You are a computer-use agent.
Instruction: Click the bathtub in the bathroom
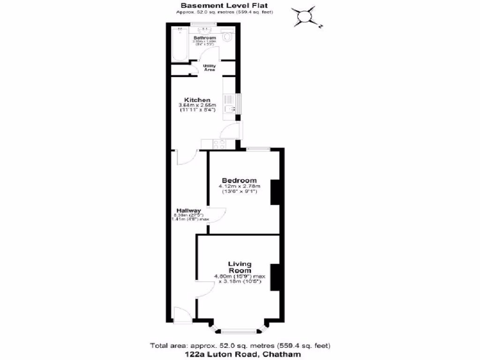(x=179, y=45)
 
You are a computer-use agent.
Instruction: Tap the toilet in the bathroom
(x=227, y=37)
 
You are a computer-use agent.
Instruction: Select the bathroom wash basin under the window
(x=205, y=30)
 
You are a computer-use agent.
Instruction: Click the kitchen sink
(x=230, y=109)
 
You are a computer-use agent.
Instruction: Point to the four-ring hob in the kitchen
(x=218, y=144)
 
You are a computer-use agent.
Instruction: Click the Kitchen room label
(x=196, y=100)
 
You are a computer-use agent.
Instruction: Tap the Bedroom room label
(x=239, y=180)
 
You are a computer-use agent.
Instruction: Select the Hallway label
(x=188, y=210)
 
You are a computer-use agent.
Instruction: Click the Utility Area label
(x=209, y=68)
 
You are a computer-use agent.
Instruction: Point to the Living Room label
(x=240, y=267)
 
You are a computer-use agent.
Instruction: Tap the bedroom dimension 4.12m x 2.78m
(x=239, y=187)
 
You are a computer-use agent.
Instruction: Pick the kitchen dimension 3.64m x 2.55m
(x=197, y=105)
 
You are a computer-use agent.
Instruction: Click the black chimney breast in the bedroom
(x=275, y=192)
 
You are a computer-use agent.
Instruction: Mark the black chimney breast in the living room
(x=275, y=277)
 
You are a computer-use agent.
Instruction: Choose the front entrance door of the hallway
(x=181, y=315)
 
